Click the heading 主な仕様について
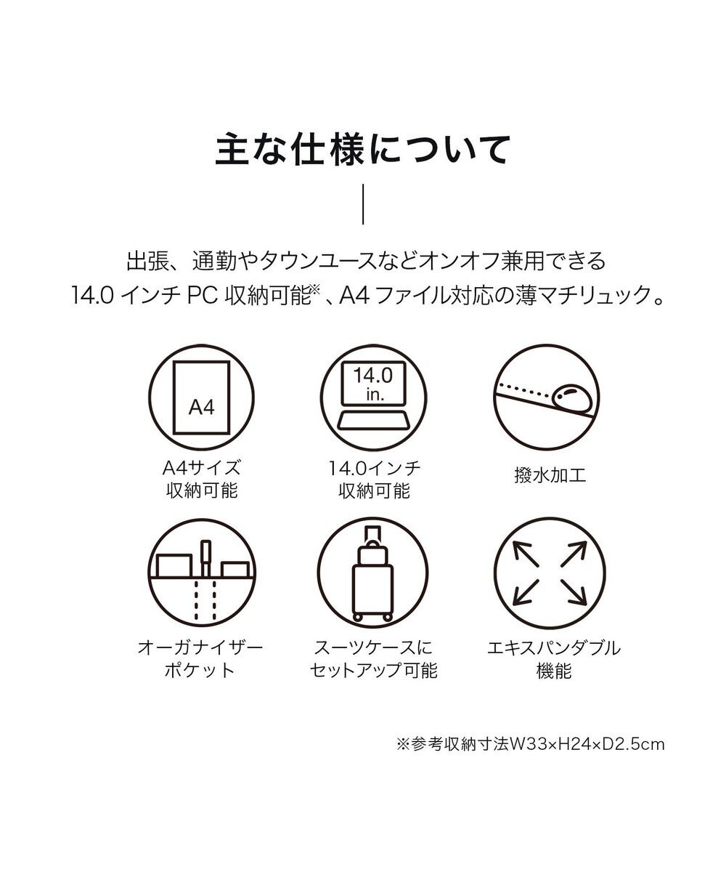coord(363,150)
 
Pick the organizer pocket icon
coord(202,574)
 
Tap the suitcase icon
coord(373,574)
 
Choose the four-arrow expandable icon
coord(550,574)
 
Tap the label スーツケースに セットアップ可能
coord(374,658)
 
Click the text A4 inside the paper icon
coord(202,407)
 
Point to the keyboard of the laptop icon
coord(373,419)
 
